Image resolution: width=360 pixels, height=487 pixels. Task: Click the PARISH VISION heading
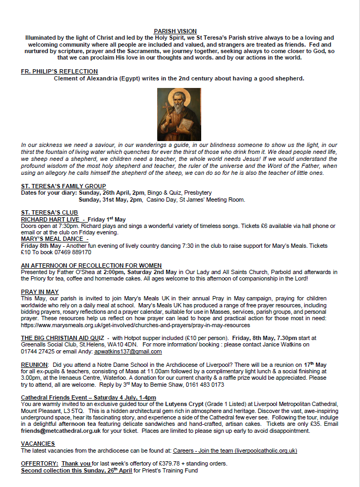coord(175,31)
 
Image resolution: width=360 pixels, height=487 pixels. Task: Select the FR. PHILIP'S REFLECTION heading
coord(59,71)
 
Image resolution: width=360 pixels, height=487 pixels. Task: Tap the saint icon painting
coord(179,114)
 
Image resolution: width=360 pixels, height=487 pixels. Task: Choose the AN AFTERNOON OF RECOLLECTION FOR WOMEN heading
coord(91,265)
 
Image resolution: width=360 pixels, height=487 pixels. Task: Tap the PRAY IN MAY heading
coord(40,291)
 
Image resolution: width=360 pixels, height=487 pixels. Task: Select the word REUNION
coord(34,364)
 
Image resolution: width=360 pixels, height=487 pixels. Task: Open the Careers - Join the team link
coord(235,451)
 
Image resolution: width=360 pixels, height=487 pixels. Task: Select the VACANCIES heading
coord(38,444)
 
